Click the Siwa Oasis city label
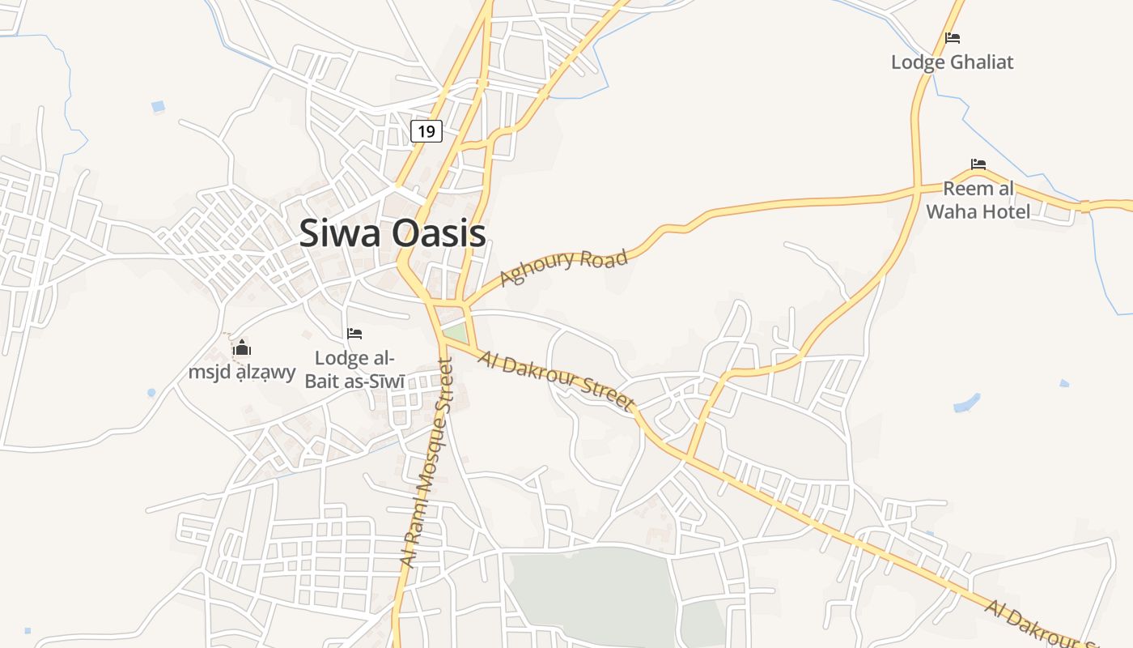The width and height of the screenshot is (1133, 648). click(x=393, y=234)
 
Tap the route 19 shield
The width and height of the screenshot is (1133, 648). click(x=426, y=130)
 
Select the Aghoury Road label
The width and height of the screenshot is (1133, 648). click(x=563, y=267)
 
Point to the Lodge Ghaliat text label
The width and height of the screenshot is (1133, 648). click(x=952, y=62)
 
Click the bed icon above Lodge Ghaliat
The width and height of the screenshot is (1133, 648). click(x=953, y=38)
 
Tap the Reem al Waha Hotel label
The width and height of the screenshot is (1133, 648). click(x=978, y=200)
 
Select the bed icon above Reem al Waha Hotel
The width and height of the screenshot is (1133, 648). click(x=978, y=164)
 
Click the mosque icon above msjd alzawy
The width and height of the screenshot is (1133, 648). click(x=242, y=349)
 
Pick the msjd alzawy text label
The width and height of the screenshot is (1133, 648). click(x=242, y=373)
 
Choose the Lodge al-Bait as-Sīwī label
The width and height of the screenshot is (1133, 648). click(x=354, y=369)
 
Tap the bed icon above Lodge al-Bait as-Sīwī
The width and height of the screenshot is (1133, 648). click(x=354, y=333)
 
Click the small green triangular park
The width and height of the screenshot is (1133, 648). click(x=456, y=333)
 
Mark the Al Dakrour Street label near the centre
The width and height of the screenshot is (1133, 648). click(x=555, y=379)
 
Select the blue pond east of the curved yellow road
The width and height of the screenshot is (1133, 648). click(x=966, y=402)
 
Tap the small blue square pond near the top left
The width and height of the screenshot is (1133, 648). click(x=158, y=106)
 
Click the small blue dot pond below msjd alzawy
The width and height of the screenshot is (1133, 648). click(x=151, y=393)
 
